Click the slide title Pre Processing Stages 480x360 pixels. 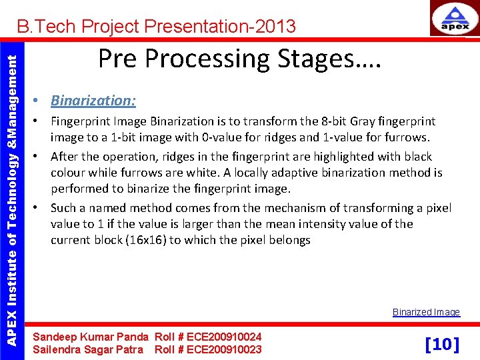point(239,59)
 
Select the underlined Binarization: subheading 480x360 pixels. point(93,101)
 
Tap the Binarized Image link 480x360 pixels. point(426,312)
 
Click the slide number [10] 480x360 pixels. point(442,344)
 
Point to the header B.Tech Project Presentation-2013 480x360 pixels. point(156,27)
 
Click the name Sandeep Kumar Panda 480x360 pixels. point(91,337)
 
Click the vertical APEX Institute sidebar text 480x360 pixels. point(11,191)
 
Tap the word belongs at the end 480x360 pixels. point(289,240)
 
